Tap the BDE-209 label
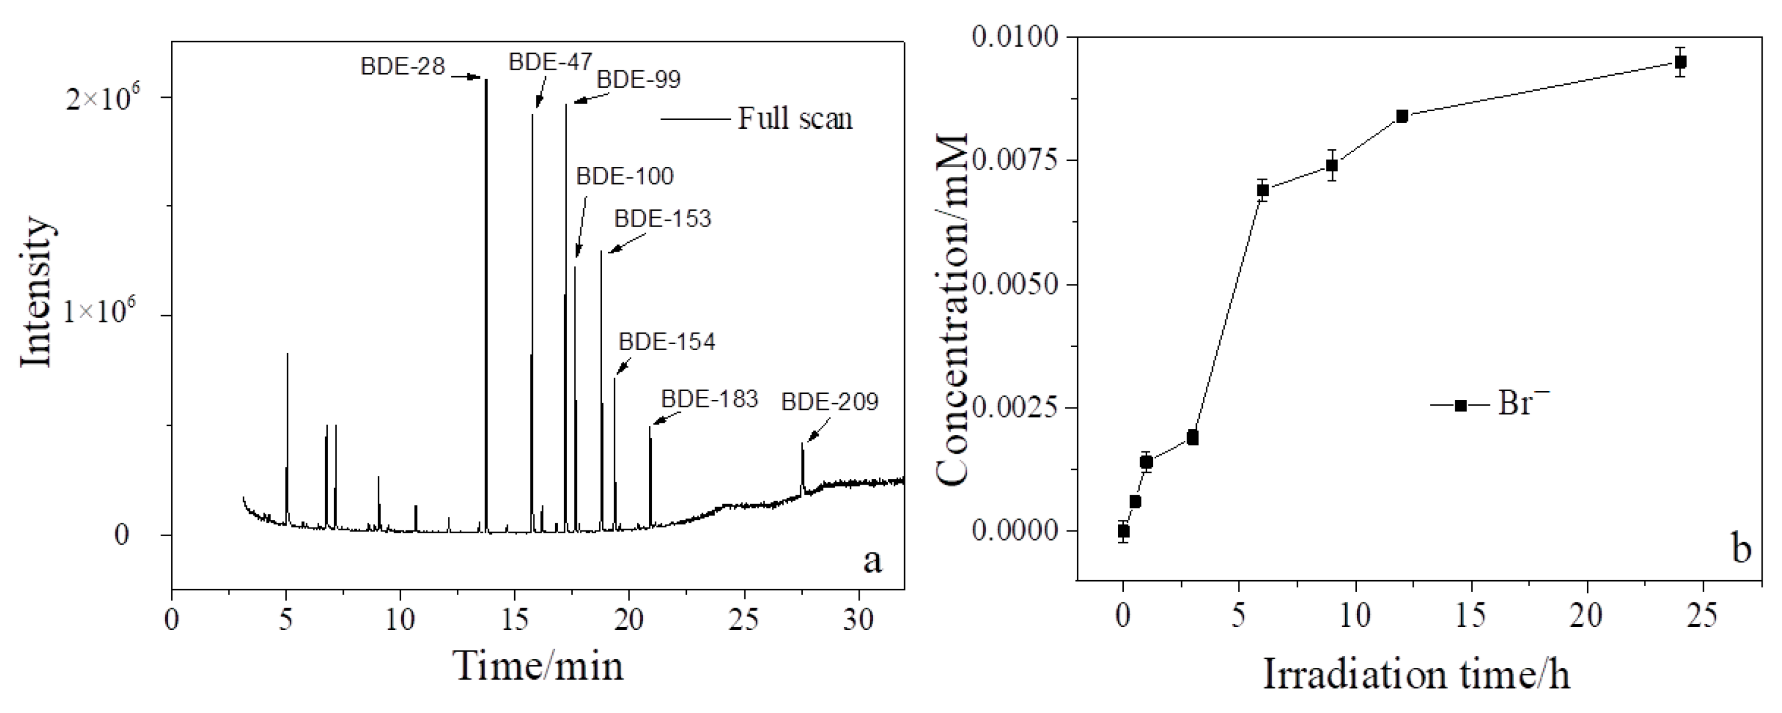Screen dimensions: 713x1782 [829, 402]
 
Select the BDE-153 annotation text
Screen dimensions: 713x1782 [663, 219]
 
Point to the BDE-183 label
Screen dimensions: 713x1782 [709, 399]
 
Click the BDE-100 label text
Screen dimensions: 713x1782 [625, 176]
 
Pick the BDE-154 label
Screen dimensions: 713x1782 [667, 342]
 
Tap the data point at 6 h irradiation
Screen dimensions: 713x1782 [1263, 190]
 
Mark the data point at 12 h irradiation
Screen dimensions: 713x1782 [1402, 116]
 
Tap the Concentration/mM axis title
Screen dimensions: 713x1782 [953, 310]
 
